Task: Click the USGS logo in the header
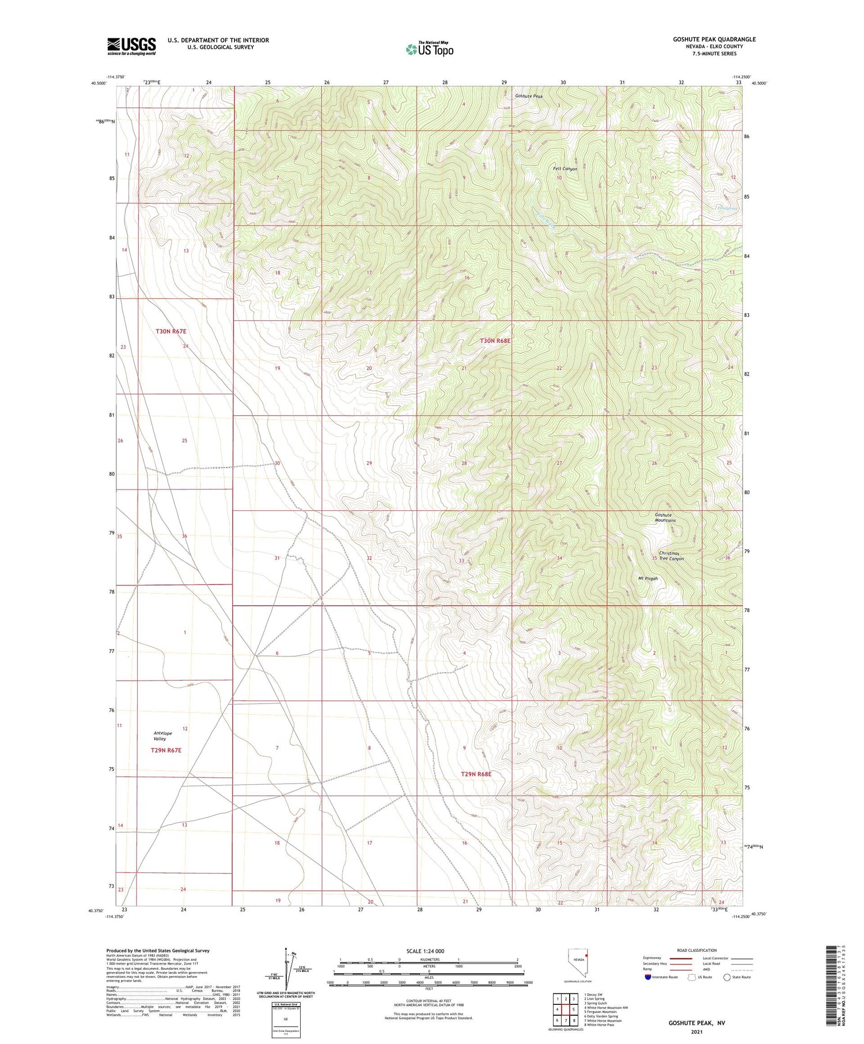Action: (x=131, y=46)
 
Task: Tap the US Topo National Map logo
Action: (x=429, y=50)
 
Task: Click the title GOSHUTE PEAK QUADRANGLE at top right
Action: (x=714, y=39)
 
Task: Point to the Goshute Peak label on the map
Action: (x=529, y=96)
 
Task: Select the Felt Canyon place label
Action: (x=565, y=169)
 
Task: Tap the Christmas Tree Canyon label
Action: (x=671, y=556)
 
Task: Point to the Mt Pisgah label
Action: (x=647, y=579)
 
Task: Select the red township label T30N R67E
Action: (x=171, y=332)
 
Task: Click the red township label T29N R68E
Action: (x=476, y=774)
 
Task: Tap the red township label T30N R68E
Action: (x=495, y=341)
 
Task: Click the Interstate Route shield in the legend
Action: (x=648, y=977)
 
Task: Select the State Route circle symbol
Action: (x=727, y=977)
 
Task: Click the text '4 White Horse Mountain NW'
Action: (x=605, y=1008)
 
